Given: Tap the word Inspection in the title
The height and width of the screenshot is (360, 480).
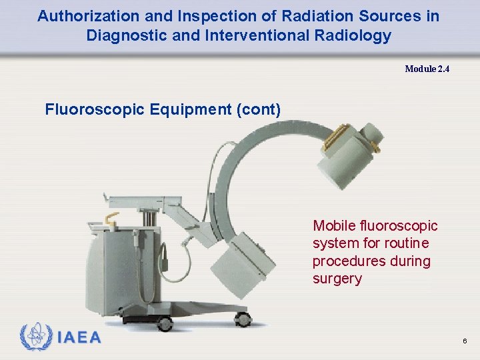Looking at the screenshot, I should (197, 16).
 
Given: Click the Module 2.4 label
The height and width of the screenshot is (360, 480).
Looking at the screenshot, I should (427, 69).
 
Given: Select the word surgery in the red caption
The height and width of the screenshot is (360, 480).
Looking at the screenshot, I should (337, 279).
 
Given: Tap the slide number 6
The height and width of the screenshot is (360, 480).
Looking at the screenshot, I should (465, 341).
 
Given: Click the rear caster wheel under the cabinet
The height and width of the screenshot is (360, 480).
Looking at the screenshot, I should (164, 323).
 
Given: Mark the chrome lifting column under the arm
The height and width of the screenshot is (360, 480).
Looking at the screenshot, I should (148, 217).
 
